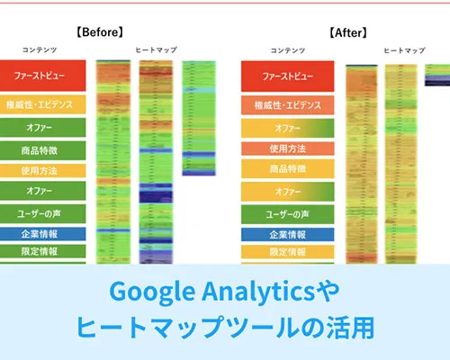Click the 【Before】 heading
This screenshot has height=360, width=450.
(x=101, y=33)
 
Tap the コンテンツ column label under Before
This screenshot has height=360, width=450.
(x=43, y=50)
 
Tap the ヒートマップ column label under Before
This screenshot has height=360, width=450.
(x=157, y=50)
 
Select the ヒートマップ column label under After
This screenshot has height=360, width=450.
(x=404, y=50)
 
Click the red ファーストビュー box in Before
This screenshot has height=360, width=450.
(x=43, y=75)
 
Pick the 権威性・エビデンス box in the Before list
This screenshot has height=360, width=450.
(x=43, y=105)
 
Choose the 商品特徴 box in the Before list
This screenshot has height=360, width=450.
(x=43, y=148)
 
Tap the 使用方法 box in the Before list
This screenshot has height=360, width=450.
(x=43, y=170)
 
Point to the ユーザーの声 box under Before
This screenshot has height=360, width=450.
(x=43, y=213)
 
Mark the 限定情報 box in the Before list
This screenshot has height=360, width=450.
(x=43, y=251)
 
